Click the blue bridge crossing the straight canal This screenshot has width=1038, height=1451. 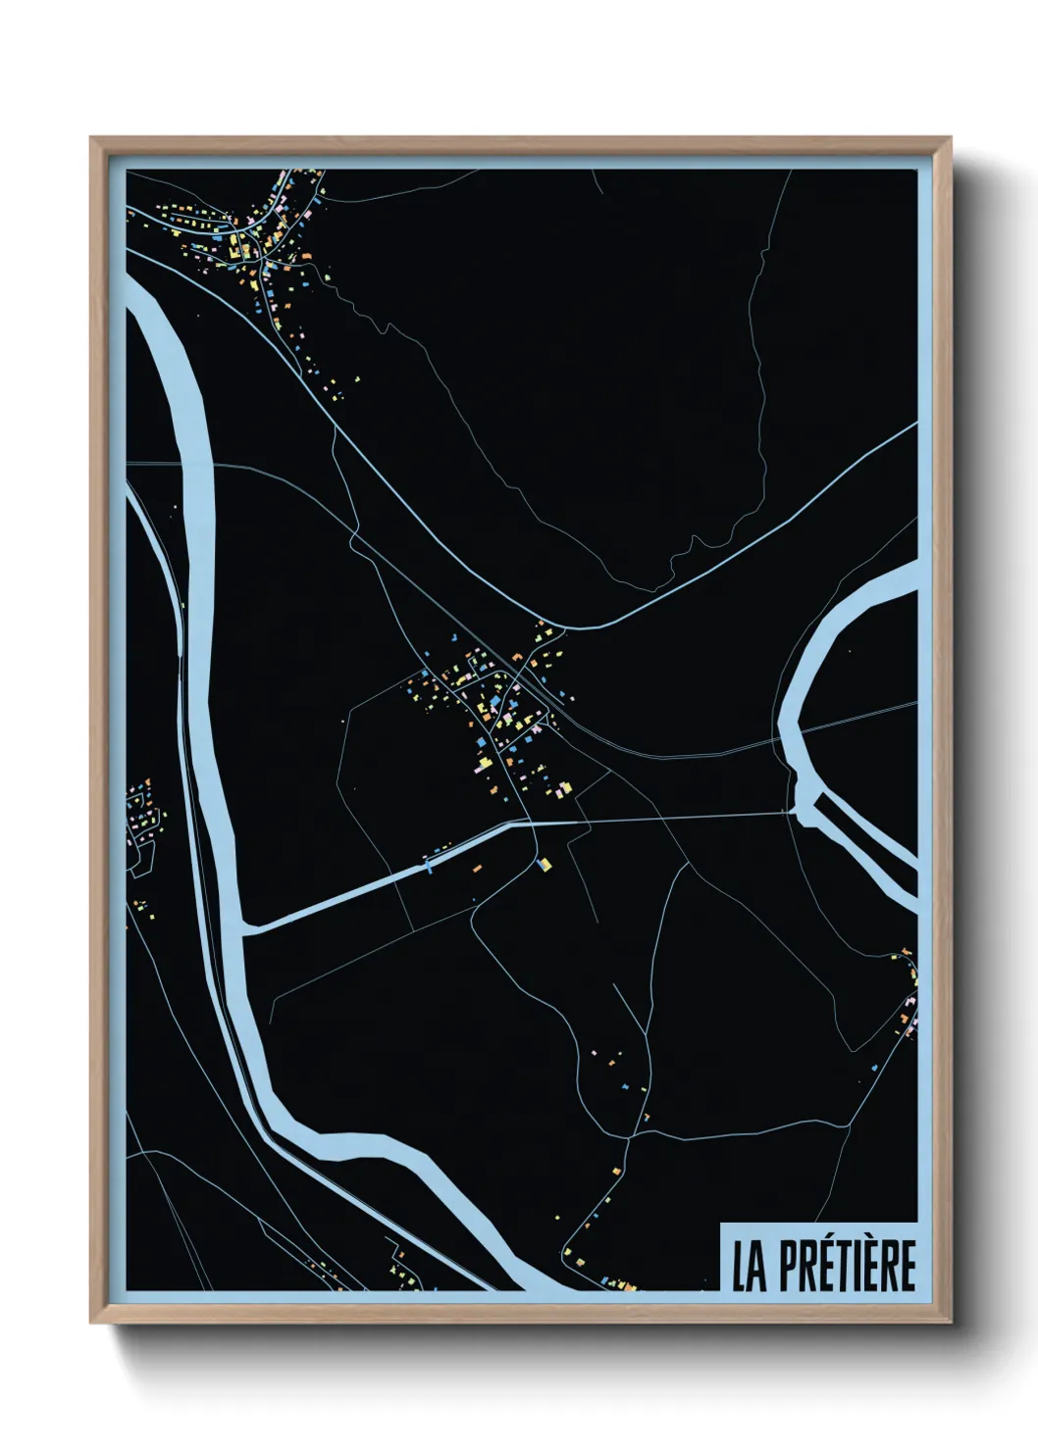(428, 864)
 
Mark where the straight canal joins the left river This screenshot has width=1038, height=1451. (245, 926)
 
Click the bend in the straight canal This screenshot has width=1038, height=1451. (514, 825)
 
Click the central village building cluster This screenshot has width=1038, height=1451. (491, 706)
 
